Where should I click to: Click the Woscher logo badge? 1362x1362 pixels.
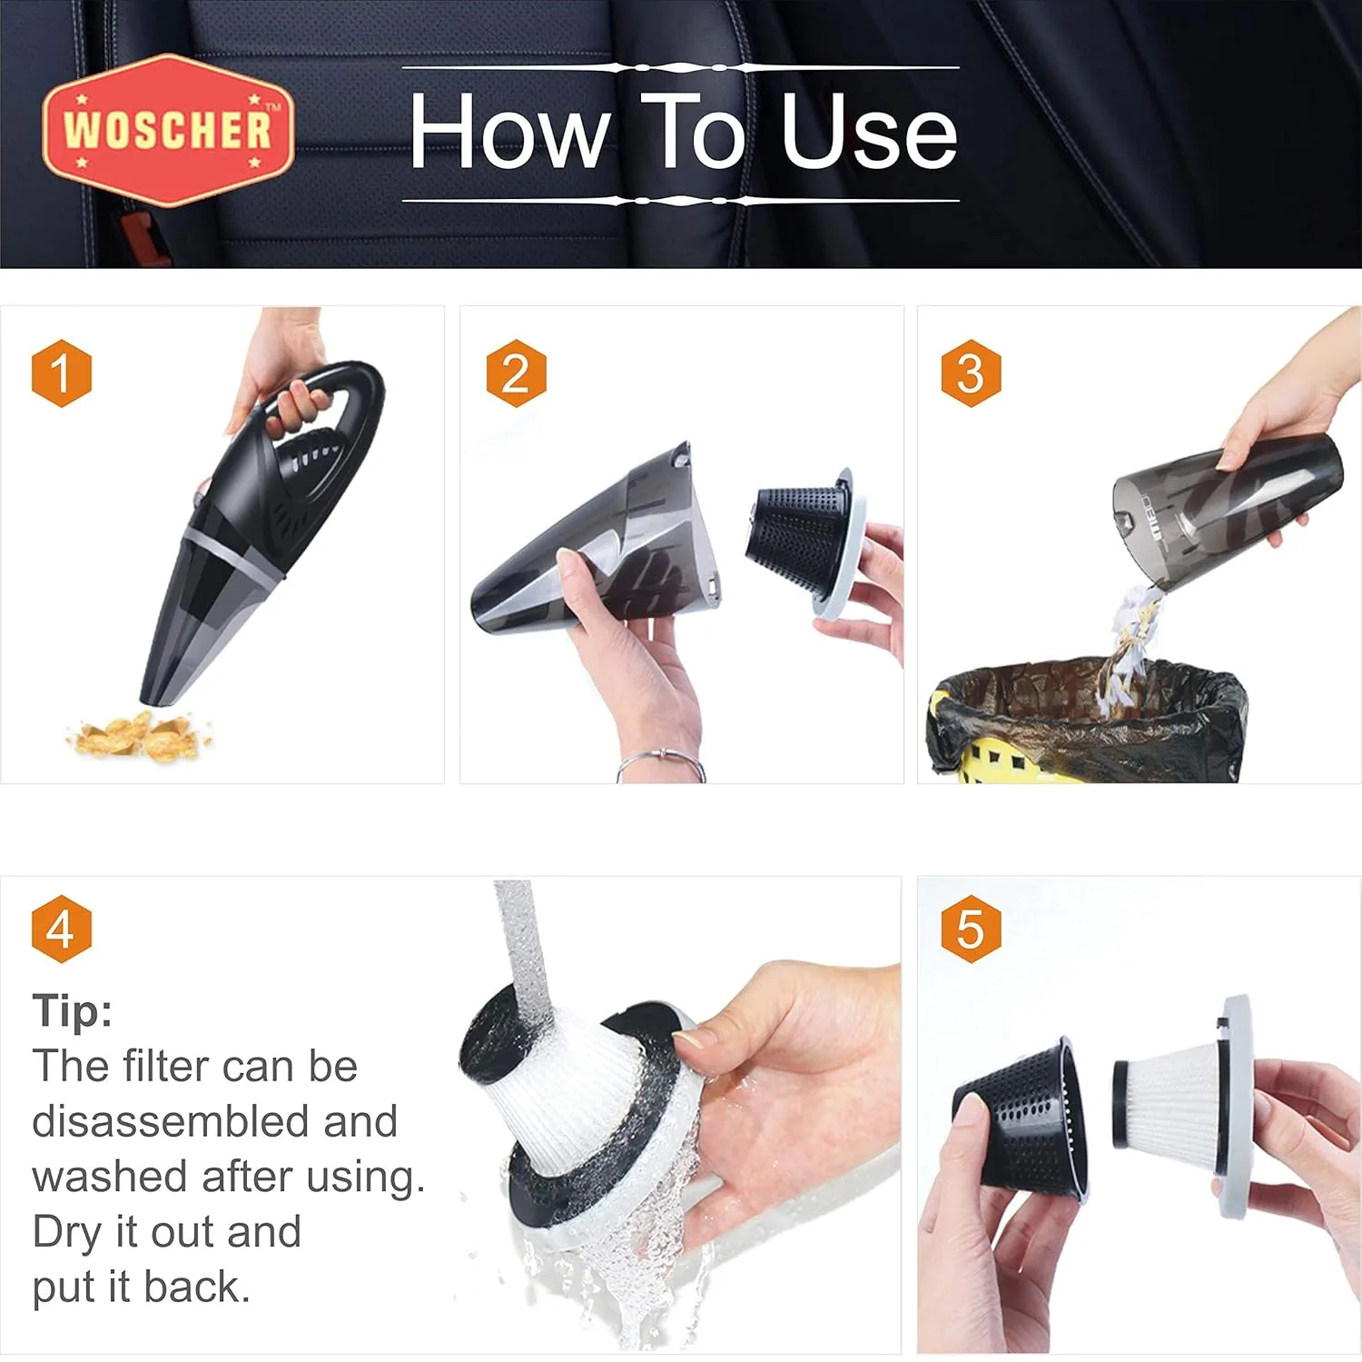tap(168, 129)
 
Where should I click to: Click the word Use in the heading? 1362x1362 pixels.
tap(869, 133)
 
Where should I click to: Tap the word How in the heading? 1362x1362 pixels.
tap(508, 133)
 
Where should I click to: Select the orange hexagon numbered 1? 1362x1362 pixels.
tap(62, 373)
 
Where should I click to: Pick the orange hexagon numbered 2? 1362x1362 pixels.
tap(516, 373)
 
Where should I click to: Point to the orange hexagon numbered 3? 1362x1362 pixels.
tap(971, 373)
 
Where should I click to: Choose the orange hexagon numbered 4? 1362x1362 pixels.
tap(62, 929)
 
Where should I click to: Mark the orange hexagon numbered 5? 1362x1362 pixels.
tap(971, 929)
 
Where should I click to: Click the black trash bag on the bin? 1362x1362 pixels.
tap(1090, 718)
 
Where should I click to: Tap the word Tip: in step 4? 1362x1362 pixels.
tap(73, 1010)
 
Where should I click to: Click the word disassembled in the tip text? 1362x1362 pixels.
tap(215, 1121)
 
